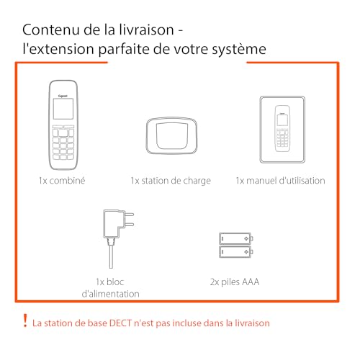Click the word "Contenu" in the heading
click(51, 30)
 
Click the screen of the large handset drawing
click(63, 109)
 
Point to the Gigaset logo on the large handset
click(63, 96)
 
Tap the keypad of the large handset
click(63, 143)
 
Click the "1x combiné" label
click(62, 181)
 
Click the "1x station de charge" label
click(171, 181)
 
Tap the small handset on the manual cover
click(282, 128)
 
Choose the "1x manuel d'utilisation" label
click(280, 181)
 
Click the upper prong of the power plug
click(130, 214)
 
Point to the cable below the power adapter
click(111, 256)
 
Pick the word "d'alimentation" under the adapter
click(111, 294)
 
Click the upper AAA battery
click(236, 238)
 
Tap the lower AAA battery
click(236, 251)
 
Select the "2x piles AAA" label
click(235, 282)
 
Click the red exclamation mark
click(25, 320)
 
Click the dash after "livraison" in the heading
click(181, 30)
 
